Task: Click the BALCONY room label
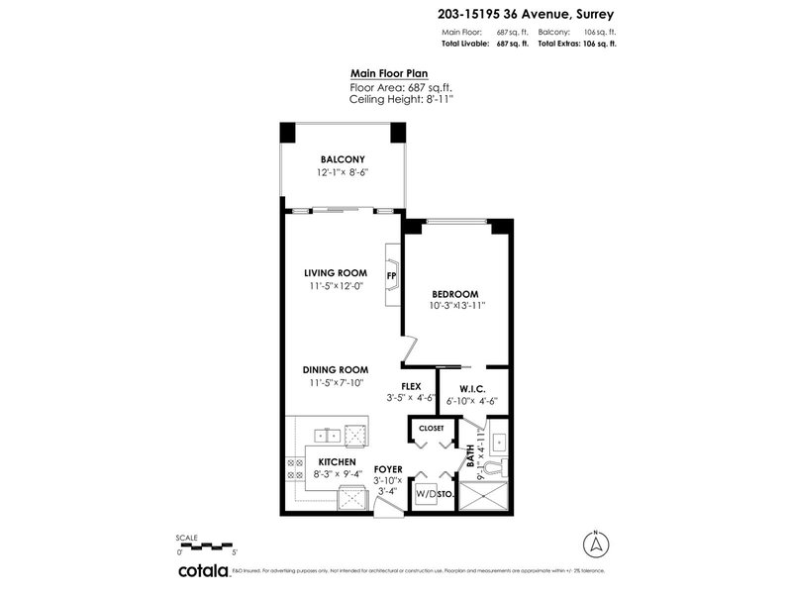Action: [x=343, y=160]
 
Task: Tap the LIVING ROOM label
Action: [x=336, y=273]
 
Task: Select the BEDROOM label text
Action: [x=455, y=294]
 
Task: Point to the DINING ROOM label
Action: [x=336, y=369]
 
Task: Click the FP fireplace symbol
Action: [x=392, y=274]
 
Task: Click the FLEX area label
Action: [x=411, y=386]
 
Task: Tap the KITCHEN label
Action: [x=337, y=461]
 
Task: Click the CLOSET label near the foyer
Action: [x=432, y=429]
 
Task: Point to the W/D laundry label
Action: [x=425, y=494]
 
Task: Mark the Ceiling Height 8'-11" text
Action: [x=394, y=99]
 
